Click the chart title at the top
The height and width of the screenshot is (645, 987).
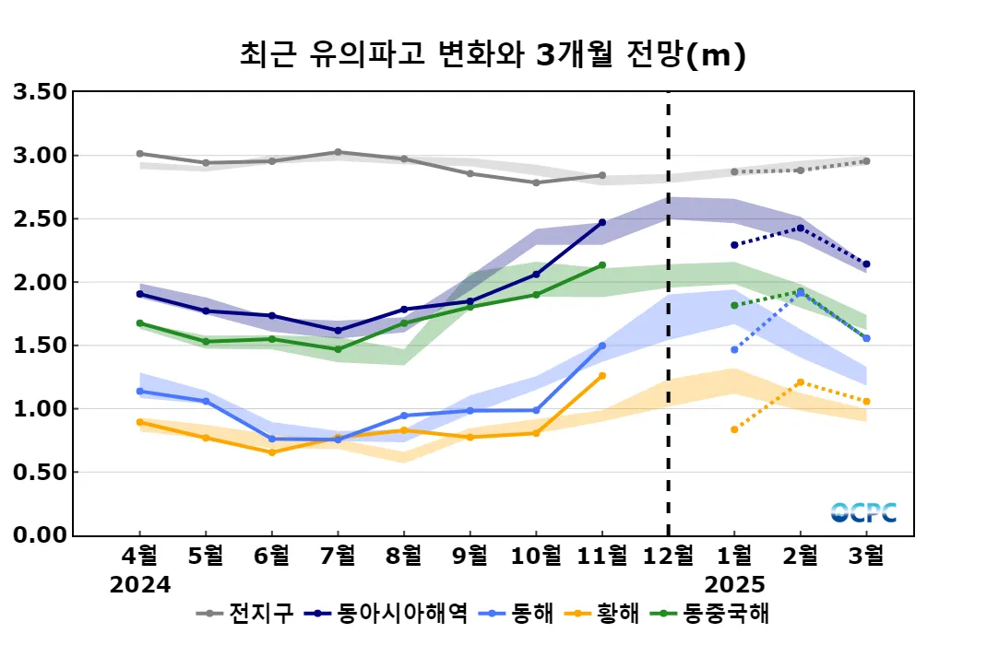click(x=493, y=55)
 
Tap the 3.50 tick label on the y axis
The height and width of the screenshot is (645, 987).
click(x=40, y=92)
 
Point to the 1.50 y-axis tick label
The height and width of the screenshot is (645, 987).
click(x=40, y=346)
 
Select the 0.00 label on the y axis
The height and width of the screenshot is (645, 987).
click(x=40, y=535)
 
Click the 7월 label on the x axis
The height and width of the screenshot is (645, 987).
click(x=338, y=556)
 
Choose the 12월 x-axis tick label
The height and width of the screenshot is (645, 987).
click(x=668, y=556)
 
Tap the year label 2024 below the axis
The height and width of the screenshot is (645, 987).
click(x=140, y=584)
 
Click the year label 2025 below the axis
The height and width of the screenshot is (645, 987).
click(x=734, y=584)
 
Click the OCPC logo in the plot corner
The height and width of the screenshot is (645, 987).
click(x=862, y=512)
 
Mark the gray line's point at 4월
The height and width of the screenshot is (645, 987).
click(x=140, y=154)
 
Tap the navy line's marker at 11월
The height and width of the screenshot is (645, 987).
click(x=602, y=222)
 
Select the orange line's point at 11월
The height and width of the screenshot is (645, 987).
click(x=602, y=376)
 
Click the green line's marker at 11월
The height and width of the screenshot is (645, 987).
click(x=602, y=265)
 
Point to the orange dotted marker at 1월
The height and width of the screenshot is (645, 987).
click(x=734, y=429)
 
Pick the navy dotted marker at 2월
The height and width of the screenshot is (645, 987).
click(x=801, y=229)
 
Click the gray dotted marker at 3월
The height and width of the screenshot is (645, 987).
click(x=867, y=161)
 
